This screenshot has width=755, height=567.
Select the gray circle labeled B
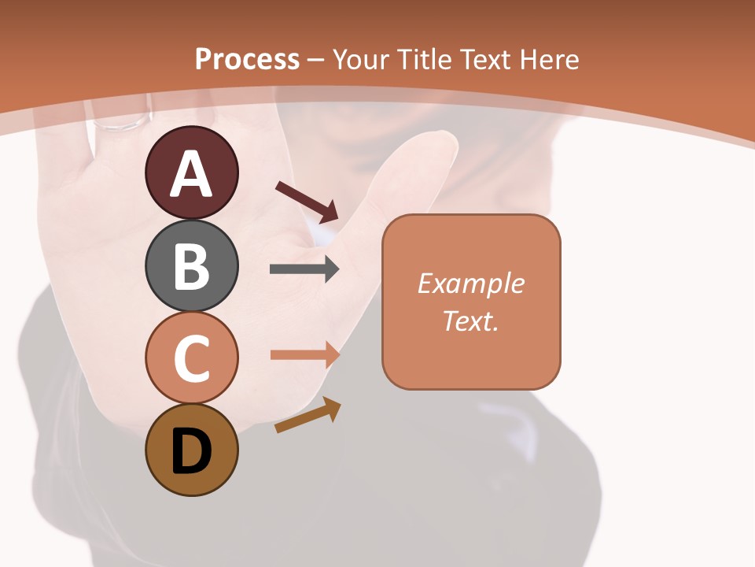point(191,265)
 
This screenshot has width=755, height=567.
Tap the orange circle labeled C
point(191,358)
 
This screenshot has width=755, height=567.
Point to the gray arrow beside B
point(304,269)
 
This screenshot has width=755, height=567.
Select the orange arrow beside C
point(304,355)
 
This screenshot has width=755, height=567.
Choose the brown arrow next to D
point(308,416)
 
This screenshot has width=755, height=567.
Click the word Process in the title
point(247,60)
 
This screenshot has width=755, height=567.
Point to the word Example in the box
point(470,283)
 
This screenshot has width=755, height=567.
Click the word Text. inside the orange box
point(470,321)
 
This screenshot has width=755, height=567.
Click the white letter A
point(191,175)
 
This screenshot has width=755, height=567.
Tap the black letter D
point(191,453)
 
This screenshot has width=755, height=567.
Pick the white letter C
point(191,358)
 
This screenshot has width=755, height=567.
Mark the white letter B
point(191,266)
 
